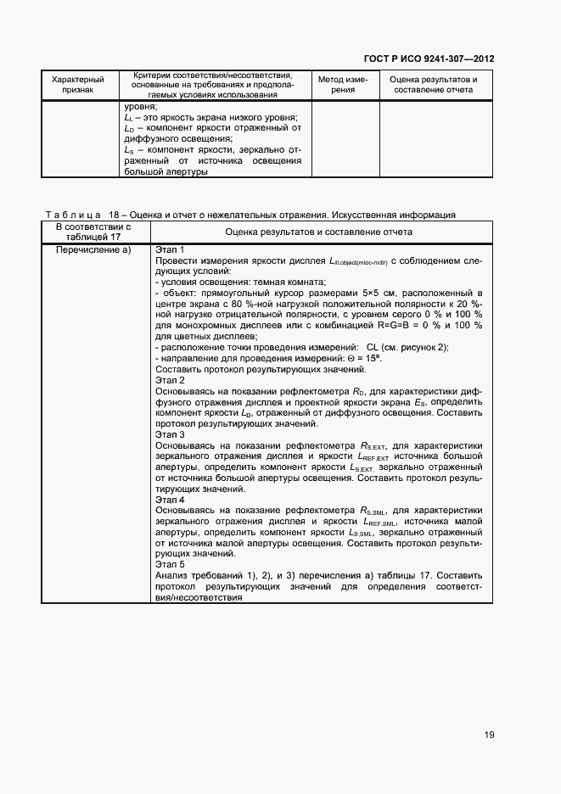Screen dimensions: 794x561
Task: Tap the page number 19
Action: (489, 735)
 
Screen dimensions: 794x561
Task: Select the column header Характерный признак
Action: (77, 84)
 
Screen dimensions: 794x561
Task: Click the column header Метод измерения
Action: (342, 84)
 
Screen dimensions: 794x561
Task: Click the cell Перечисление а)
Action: (93, 249)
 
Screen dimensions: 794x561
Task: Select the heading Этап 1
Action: (170, 249)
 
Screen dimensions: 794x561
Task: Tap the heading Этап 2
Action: (170, 381)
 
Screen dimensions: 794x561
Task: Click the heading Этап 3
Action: (170, 433)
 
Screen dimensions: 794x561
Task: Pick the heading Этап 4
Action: (170, 500)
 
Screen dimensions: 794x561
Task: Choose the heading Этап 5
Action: (170, 564)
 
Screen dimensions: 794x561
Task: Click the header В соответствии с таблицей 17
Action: (93, 232)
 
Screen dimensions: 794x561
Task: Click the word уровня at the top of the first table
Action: (140, 107)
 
